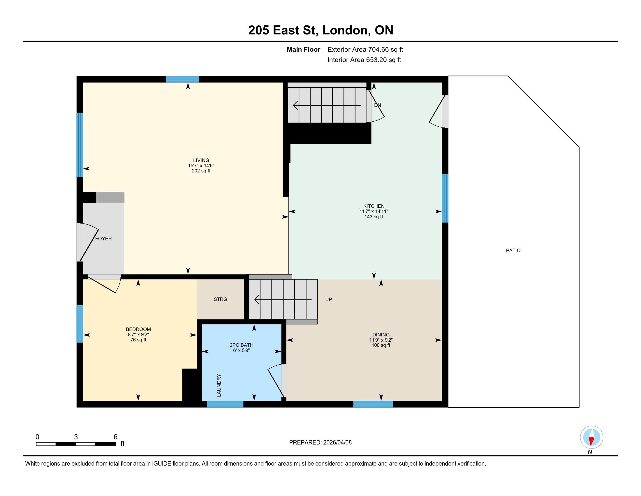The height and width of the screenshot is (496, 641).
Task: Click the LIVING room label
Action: click(x=201, y=160)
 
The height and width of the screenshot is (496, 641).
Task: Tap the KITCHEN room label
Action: click(x=374, y=206)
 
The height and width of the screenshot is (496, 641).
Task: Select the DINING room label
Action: click(x=381, y=335)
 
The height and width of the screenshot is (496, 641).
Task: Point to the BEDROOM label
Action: click(x=138, y=329)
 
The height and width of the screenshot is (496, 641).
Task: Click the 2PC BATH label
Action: click(x=242, y=345)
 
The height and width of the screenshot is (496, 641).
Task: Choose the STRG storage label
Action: click(x=221, y=299)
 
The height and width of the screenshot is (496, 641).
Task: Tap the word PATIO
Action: click(x=513, y=250)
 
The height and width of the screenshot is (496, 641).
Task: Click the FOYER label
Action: click(x=103, y=239)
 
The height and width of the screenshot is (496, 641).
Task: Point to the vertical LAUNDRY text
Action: click(x=219, y=385)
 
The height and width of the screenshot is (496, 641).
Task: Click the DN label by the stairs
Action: click(x=377, y=105)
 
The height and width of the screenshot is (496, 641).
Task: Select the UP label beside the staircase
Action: click(x=328, y=299)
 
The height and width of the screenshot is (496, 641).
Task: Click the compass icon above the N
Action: click(x=591, y=437)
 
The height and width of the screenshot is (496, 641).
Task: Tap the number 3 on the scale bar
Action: click(x=76, y=437)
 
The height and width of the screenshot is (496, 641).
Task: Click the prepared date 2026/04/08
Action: click(x=337, y=443)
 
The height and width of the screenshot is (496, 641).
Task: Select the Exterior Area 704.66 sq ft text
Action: click(x=365, y=50)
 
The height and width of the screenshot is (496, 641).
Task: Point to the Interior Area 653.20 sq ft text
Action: click(x=364, y=60)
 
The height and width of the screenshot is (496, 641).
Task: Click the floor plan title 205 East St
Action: click(x=283, y=30)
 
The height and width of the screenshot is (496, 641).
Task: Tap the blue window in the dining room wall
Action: click(x=373, y=404)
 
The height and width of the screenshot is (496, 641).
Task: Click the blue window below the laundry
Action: click(x=225, y=404)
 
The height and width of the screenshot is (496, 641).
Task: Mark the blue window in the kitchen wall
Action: click(x=445, y=198)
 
